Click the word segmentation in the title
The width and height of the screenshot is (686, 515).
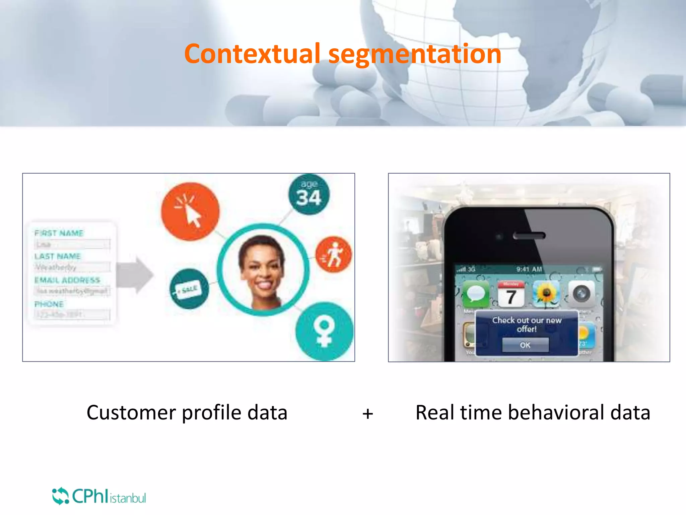(415, 54)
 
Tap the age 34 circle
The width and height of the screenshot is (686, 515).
(309, 194)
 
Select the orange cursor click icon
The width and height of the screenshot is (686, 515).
(190, 211)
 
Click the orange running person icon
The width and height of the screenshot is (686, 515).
(333, 254)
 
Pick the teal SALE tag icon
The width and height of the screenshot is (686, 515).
(189, 289)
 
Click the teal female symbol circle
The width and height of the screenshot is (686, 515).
(324, 331)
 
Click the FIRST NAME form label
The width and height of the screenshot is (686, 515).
(59, 233)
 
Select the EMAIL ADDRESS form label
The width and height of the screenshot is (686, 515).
(67, 280)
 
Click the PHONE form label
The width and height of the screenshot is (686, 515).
(49, 304)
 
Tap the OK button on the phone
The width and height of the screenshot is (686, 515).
(525, 345)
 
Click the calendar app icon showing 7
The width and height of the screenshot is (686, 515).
(511, 294)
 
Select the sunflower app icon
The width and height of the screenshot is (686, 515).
(546, 294)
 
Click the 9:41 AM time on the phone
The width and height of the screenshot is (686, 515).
(529, 269)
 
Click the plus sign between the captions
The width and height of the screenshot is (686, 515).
(367, 413)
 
